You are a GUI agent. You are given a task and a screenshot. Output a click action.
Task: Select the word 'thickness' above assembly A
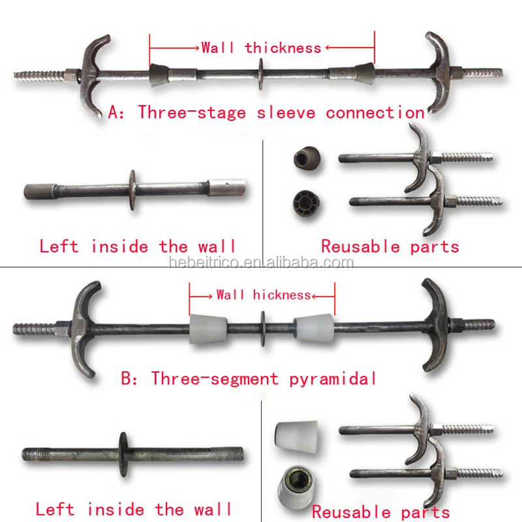[x=283, y=48]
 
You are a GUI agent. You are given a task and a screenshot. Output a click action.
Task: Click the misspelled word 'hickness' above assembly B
[x=282, y=295]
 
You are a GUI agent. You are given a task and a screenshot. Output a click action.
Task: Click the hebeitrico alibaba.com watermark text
[x=261, y=263]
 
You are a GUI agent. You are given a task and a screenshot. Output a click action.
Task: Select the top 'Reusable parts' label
[x=390, y=247]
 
